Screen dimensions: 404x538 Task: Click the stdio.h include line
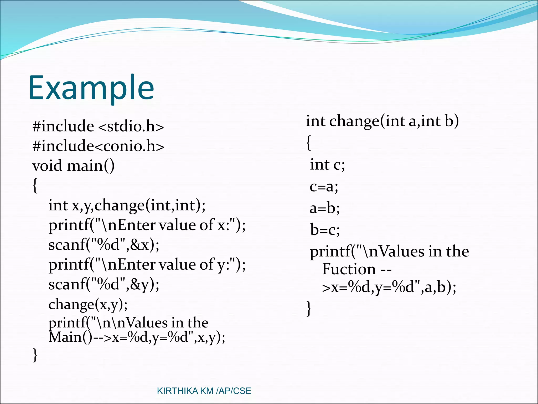98,126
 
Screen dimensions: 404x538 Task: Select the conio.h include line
98,146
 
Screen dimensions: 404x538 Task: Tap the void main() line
73,166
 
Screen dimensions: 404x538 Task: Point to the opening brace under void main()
35,185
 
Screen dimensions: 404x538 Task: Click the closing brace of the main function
35,355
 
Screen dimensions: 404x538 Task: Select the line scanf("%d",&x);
104,245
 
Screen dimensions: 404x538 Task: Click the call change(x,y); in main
88,305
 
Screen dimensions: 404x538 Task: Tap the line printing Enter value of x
147,225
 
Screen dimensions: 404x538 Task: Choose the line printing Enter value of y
147,265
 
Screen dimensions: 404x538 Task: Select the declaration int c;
327,165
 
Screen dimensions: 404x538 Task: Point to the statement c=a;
324,187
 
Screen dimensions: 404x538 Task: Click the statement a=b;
325,208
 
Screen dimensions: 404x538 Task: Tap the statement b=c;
325,230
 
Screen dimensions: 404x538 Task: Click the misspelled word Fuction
349,269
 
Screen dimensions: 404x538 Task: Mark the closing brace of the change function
309,308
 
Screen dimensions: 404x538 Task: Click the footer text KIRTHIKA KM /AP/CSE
204,391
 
